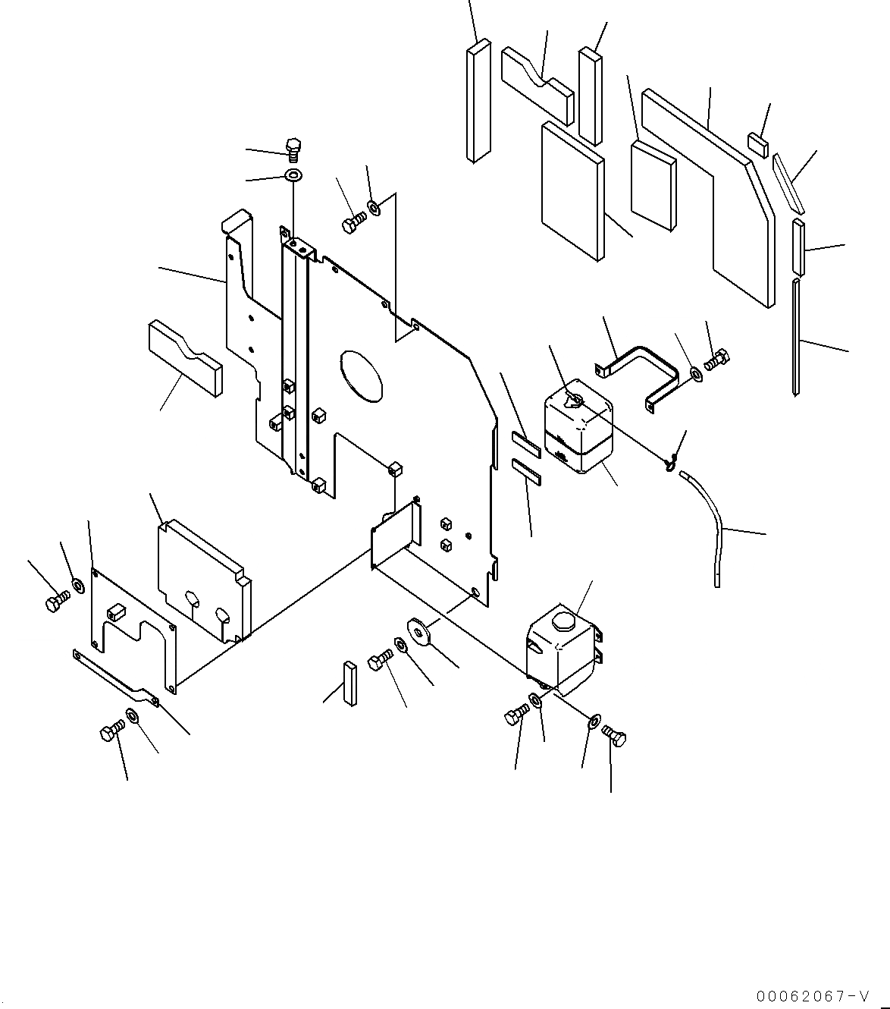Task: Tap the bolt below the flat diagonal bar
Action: point(111,733)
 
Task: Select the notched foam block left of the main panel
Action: point(185,357)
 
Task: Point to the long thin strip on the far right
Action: point(795,338)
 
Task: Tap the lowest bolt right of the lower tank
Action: point(615,736)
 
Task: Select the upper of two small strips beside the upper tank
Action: point(525,444)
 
